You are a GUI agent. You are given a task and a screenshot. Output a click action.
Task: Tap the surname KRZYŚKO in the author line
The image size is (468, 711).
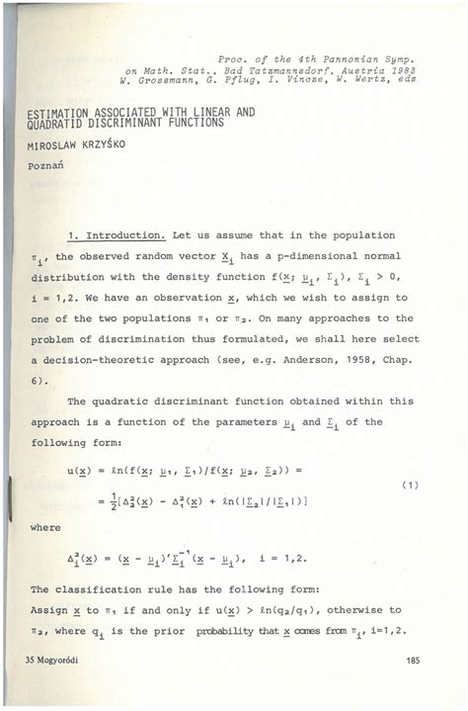tap(102, 143)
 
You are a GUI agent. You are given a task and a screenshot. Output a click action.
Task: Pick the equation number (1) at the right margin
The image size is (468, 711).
tap(412, 485)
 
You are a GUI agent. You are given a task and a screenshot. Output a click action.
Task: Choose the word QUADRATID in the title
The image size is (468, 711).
tap(46, 123)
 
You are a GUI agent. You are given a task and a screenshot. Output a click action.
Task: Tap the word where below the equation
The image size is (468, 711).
tap(45, 528)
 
